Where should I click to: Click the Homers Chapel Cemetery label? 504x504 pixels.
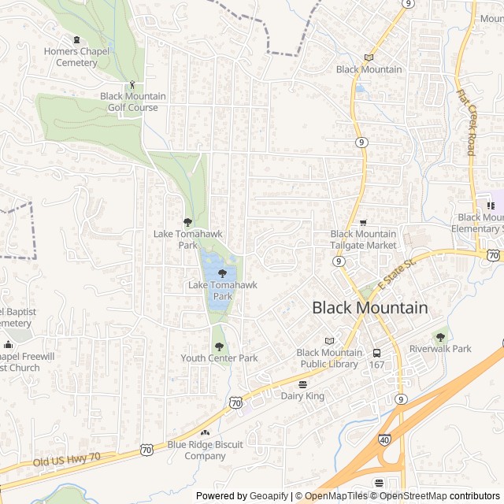(x=76, y=57)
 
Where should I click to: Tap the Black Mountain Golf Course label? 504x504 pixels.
(x=133, y=102)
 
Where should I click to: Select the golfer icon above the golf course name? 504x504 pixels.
(x=132, y=84)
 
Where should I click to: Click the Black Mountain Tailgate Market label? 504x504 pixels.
(x=363, y=239)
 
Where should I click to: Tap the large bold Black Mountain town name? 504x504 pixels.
(x=370, y=308)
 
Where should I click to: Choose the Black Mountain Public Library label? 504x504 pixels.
(x=329, y=358)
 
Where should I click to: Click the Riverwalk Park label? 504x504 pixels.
(x=440, y=348)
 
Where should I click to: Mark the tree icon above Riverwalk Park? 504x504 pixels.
(x=439, y=336)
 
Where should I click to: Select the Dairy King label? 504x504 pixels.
(x=302, y=396)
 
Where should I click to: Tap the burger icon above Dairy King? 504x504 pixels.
(x=302, y=384)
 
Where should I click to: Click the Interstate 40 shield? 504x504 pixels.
(x=384, y=439)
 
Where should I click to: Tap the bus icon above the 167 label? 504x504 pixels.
(x=377, y=352)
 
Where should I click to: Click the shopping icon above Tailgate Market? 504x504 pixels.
(x=363, y=223)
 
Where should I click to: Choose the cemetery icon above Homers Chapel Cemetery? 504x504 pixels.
(x=76, y=40)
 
